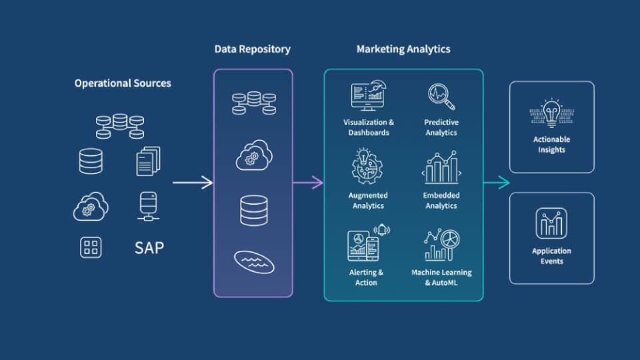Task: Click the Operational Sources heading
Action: (x=123, y=83)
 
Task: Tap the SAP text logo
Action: (x=149, y=248)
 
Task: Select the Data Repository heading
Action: (x=252, y=49)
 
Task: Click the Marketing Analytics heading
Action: (x=403, y=49)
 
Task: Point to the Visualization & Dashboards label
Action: (x=369, y=127)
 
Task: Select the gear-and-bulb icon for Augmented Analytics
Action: (x=368, y=167)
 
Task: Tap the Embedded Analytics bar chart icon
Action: (x=441, y=167)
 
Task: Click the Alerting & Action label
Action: (x=367, y=277)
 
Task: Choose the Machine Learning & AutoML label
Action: (x=441, y=277)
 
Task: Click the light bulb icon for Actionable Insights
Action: (x=551, y=113)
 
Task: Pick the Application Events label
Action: (x=551, y=256)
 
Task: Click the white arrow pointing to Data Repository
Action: (x=193, y=183)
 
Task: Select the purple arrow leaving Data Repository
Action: (x=308, y=183)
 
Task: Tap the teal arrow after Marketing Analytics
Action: (x=496, y=183)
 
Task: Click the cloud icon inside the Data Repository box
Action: (x=253, y=155)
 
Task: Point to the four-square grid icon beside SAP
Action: (x=91, y=248)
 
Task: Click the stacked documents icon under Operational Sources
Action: (x=148, y=161)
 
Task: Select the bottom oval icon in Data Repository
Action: (x=253, y=261)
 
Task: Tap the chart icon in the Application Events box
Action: (x=551, y=223)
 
